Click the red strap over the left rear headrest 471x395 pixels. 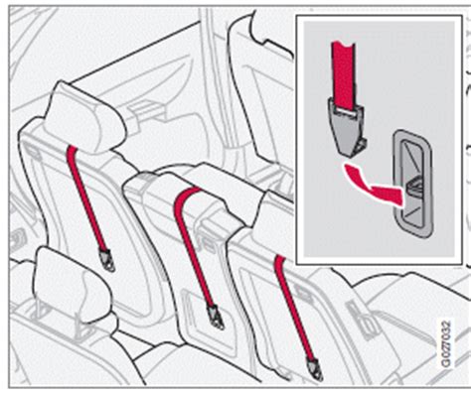(86, 197)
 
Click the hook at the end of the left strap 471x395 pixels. (107, 260)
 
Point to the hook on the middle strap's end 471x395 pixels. (215, 317)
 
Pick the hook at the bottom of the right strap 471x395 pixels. (315, 369)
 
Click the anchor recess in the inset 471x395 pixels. (412, 184)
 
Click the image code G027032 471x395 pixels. (445, 343)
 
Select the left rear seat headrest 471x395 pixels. (85, 118)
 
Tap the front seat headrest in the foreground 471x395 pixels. (73, 285)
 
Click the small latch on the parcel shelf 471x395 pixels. (146, 108)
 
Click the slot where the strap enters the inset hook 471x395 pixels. (344, 111)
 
